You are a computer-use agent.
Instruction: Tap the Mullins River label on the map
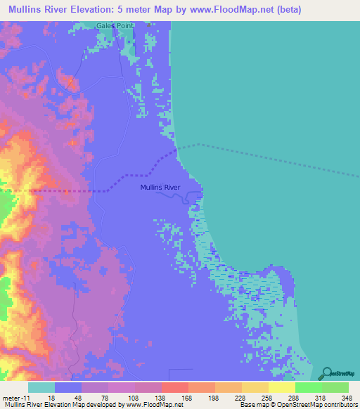(160, 188)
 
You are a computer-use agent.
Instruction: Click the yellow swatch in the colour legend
(281, 387)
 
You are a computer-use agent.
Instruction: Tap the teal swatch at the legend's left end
(41, 387)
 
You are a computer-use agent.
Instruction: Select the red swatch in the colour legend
(174, 387)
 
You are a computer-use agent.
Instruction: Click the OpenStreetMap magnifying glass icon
(327, 372)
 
